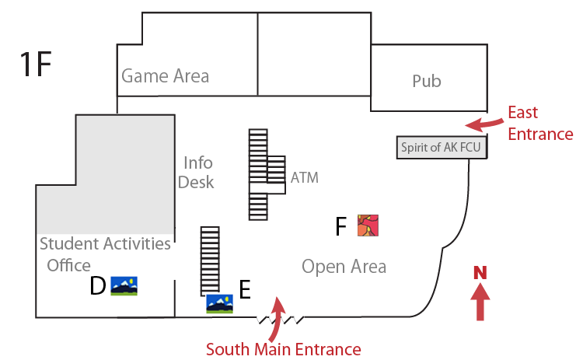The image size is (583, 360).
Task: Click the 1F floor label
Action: tap(36, 65)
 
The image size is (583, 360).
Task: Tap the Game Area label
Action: tap(165, 76)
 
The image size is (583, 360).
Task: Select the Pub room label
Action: tap(426, 81)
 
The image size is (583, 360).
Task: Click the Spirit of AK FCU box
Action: tap(441, 147)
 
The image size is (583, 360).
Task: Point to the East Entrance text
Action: tap(540, 124)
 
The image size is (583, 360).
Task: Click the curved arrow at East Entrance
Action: tap(484, 124)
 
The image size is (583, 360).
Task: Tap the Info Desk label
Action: tap(197, 172)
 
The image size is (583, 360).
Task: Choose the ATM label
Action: tap(305, 177)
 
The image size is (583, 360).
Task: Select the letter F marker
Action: tap(340, 226)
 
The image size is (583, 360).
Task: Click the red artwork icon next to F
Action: tap(368, 225)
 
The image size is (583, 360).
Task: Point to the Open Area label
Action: tap(344, 267)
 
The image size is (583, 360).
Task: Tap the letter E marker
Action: tap(244, 290)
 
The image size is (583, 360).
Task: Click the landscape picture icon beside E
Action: tap(220, 302)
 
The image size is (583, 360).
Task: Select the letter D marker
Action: tap(97, 287)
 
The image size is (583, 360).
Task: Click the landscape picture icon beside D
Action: tap(124, 286)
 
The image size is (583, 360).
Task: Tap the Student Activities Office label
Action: tap(104, 254)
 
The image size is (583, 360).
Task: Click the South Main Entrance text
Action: tap(283, 349)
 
